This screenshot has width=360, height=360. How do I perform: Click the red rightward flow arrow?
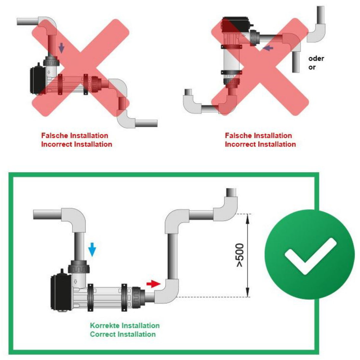pyautogui.click(x=153, y=284)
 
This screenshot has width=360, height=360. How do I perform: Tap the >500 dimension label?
pyautogui.click(x=240, y=255)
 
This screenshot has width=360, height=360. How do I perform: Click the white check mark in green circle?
pyautogui.click(x=310, y=255)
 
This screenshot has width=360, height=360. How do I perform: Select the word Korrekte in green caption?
pyautogui.click(x=105, y=326)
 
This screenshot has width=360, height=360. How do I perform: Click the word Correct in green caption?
pyautogui.click(x=103, y=334)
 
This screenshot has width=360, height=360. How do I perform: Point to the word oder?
pyautogui.click(x=316, y=58)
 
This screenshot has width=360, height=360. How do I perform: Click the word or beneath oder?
pyautogui.click(x=312, y=67)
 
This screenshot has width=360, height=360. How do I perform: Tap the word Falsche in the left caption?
pyautogui.click(x=55, y=136)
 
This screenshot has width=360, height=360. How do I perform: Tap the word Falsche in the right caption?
pyautogui.click(x=238, y=136)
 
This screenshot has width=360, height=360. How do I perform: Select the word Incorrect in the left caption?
pyautogui.click(x=57, y=144)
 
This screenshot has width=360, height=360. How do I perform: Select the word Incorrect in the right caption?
pyautogui.click(x=240, y=144)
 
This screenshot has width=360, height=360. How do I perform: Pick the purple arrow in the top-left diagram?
pyautogui.click(x=61, y=48)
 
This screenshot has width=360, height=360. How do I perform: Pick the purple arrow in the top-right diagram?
pyautogui.click(x=268, y=47)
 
